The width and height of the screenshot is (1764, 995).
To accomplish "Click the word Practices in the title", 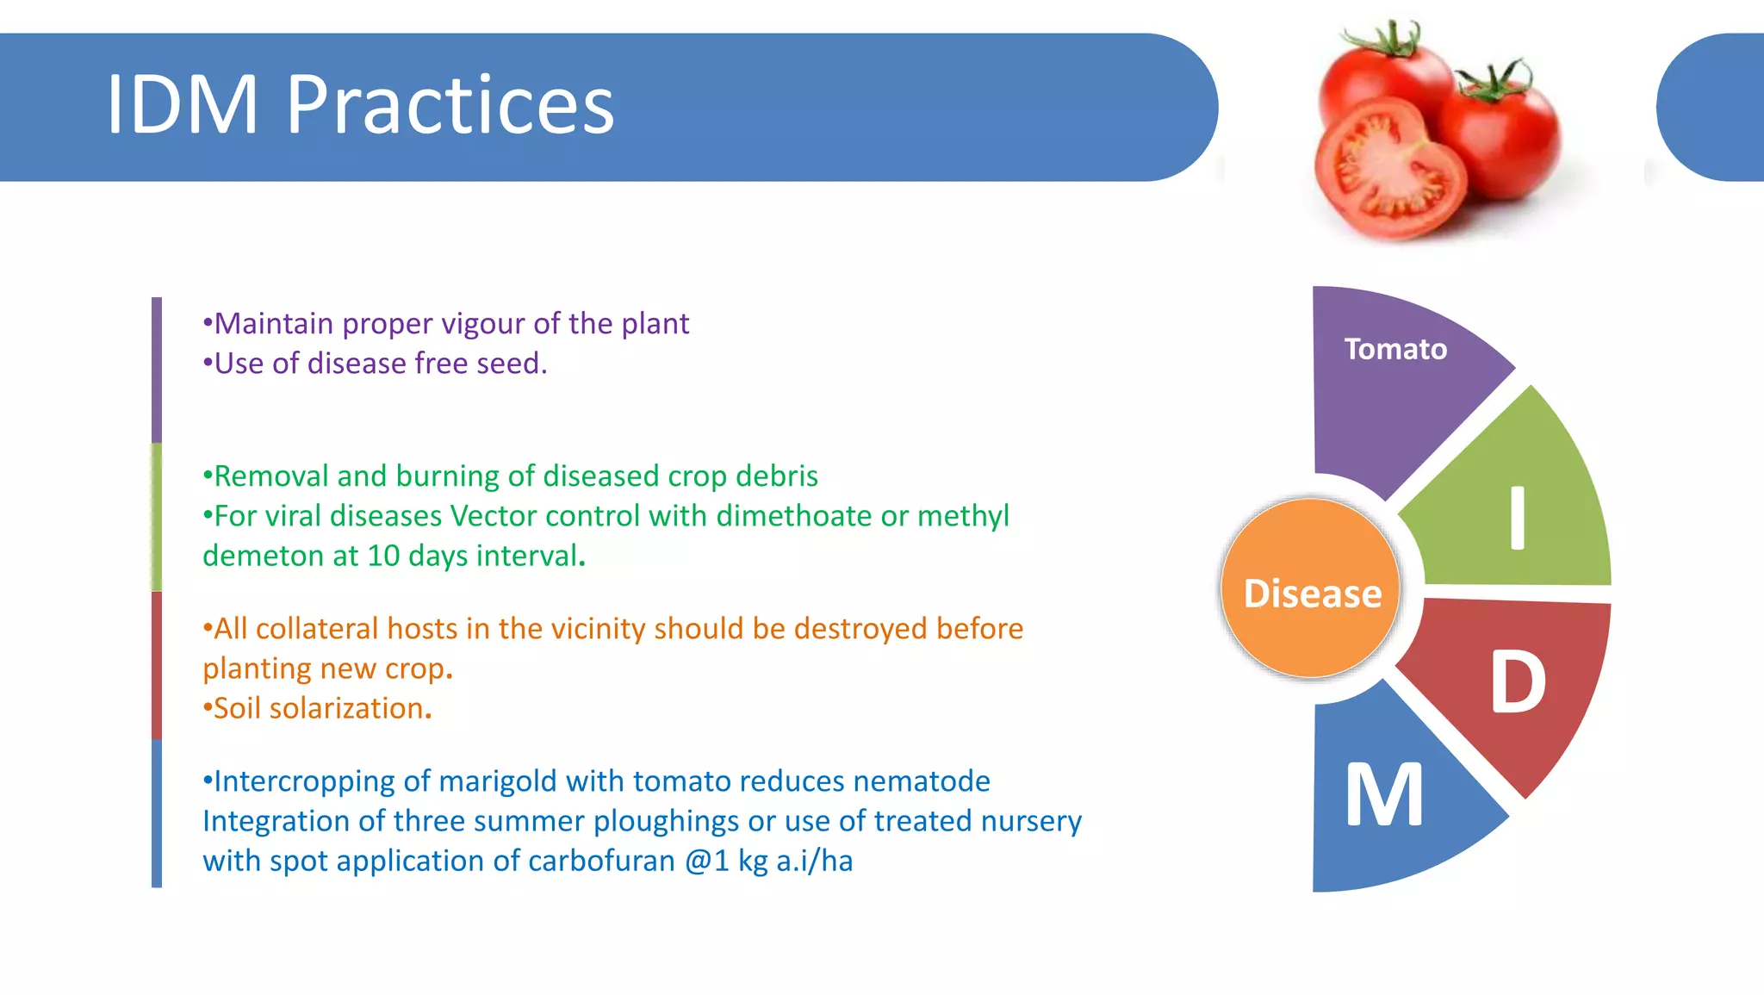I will click(x=450, y=105).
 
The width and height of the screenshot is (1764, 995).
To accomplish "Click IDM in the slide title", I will click(x=183, y=105).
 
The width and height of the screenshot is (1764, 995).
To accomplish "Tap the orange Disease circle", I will click(x=1312, y=594).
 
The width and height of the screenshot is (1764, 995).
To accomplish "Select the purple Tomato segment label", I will click(x=1395, y=349).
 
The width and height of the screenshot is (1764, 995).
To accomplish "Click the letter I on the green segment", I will click(x=1518, y=518).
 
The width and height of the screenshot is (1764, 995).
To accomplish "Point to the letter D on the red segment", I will click(x=1518, y=682).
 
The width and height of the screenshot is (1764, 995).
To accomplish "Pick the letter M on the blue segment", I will click(x=1383, y=795).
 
